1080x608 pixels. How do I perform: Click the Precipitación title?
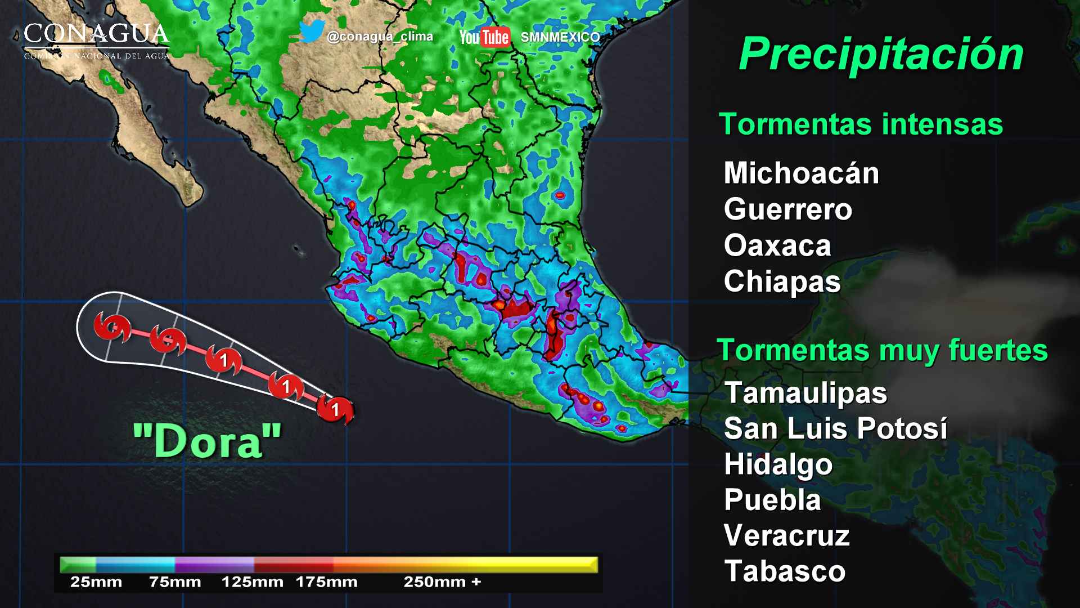coord(881,55)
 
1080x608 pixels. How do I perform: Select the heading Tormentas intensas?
coord(861,124)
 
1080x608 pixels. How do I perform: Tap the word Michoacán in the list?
coord(801,173)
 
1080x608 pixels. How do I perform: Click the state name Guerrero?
coord(788,209)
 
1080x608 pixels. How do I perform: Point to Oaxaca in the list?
coord(777,246)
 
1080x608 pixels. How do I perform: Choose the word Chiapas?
coord(782,281)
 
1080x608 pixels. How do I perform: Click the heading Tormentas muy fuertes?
coord(882,351)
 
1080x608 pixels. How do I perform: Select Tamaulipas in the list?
coord(805,393)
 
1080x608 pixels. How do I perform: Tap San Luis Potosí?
coord(835,429)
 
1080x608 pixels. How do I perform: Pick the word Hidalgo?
coord(778,465)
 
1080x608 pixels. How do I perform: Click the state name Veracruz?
coord(786,536)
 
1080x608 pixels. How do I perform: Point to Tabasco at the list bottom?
coord(785,571)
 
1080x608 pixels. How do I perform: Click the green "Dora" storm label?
coord(207,441)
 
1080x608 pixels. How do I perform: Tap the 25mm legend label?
coord(96,582)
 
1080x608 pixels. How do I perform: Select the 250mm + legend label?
coord(442,582)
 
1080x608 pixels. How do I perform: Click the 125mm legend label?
coord(252,582)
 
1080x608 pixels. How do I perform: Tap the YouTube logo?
coord(484,37)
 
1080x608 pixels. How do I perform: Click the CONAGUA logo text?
coord(96,35)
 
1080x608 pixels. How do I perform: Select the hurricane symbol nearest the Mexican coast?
coord(335,409)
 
